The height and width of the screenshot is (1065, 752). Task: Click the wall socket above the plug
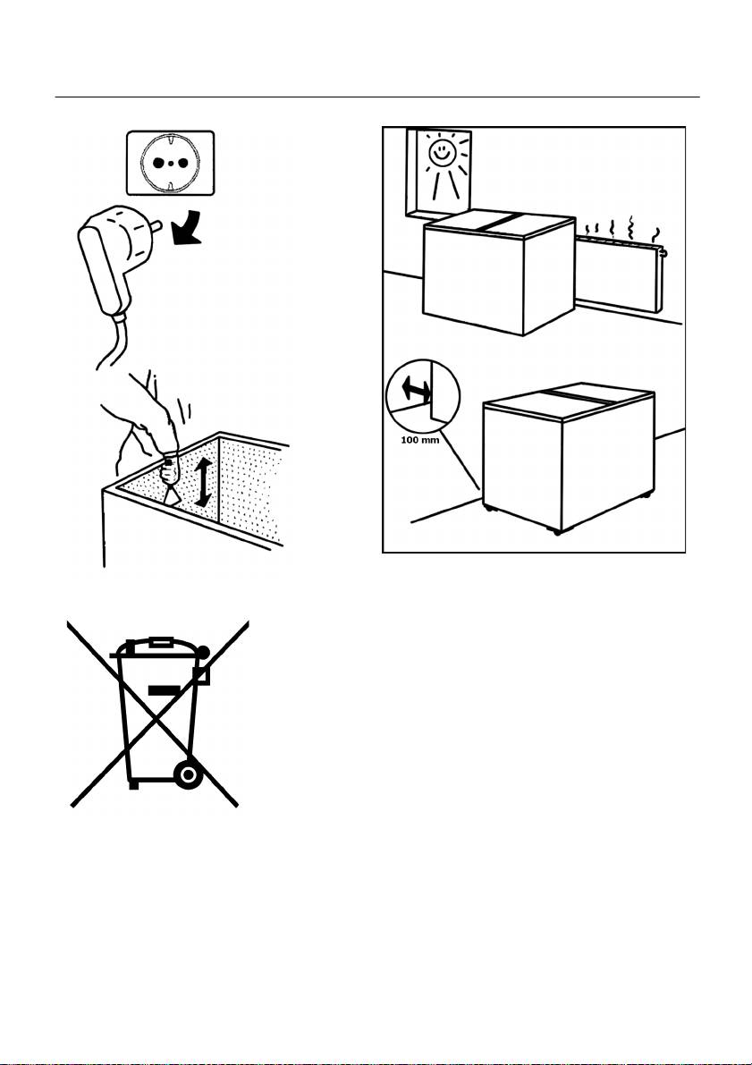[x=171, y=163]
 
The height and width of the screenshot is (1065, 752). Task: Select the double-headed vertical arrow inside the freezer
[x=202, y=482]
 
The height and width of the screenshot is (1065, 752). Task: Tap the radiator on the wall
[x=620, y=277]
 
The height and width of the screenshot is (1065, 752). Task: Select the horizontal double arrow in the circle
[x=416, y=390]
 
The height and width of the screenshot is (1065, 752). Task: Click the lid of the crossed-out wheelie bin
[x=160, y=646]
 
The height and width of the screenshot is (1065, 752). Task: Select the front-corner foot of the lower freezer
[x=558, y=531]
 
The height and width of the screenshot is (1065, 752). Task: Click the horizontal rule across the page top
[x=377, y=97]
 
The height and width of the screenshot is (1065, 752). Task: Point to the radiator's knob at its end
[x=665, y=253]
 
